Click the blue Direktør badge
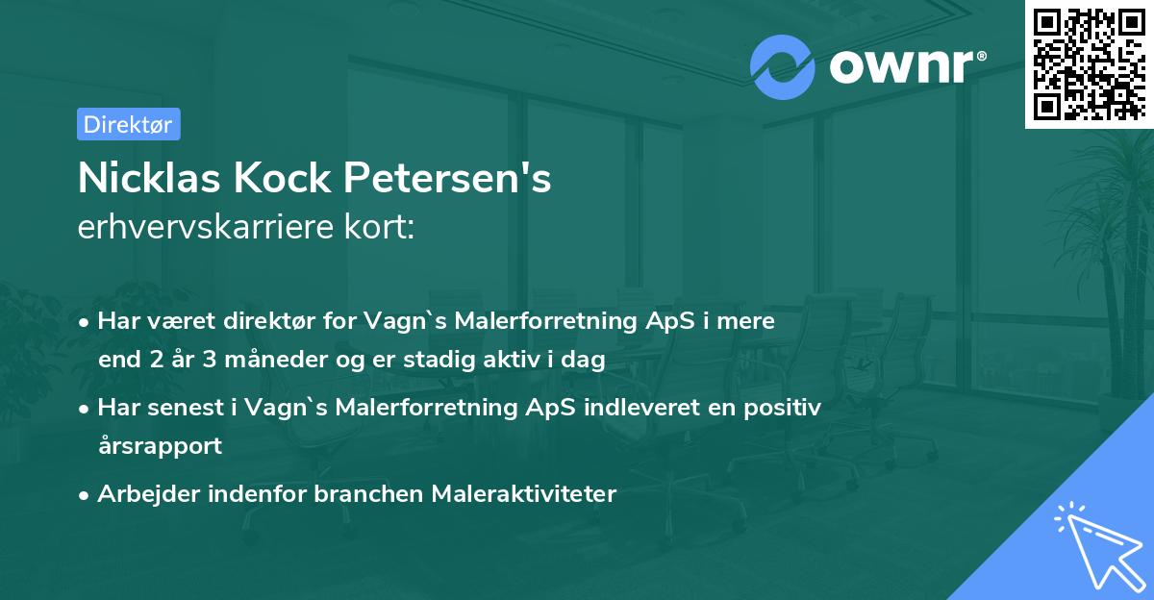128,124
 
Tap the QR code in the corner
1089,64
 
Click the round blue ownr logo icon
783,66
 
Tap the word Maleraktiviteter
524,494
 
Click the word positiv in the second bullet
788,408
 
